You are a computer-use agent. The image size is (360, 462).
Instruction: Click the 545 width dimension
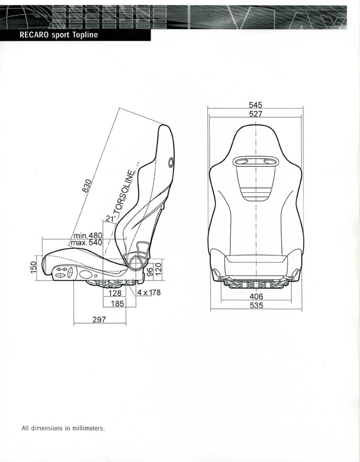pyautogui.click(x=255, y=105)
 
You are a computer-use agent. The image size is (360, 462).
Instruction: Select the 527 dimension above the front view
pyautogui.click(x=255, y=114)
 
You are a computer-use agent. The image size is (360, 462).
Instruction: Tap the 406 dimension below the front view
pyautogui.click(x=256, y=296)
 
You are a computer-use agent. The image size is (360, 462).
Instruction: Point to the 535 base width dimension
pyautogui.click(x=256, y=305)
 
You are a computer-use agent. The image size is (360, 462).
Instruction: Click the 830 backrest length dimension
pyautogui.click(x=87, y=186)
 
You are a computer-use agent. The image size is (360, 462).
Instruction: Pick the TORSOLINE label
pyautogui.click(x=124, y=192)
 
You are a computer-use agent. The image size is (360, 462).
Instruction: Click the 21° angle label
pyautogui.click(x=111, y=218)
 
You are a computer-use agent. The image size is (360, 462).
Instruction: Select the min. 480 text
pyautogui.click(x=88, y=235)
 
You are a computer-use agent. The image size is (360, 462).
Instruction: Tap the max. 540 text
pyautogui.click(x=86, y=243)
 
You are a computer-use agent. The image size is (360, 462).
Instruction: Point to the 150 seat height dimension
pyautogui.click(x=34, y=267)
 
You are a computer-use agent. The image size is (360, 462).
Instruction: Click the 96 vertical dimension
pyautogui.click(x=150, y=272)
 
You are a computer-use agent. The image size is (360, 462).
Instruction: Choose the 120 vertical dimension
pyautogui.click(x=158, y=269)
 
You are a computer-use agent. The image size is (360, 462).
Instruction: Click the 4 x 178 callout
pyautogui.click(x=149, y=292)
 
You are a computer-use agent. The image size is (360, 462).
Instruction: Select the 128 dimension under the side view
pyautogui.click(x=115, y=293)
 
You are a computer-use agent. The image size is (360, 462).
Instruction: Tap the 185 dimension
pyautogui.click(x=117, y=303)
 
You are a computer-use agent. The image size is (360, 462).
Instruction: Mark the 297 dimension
pyautogui.click(x=99, y=319)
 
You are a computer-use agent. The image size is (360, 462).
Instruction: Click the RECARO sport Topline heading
pyautogui.click(x=59, y=35)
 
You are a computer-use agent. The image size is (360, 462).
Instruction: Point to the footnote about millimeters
pyautogui.click(x=63, y=428)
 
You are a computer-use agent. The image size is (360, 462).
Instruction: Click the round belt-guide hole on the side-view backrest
pyautogui.click(x=171, y=162)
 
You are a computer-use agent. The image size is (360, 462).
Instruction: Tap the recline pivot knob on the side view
pyautogui.click(x=136, y=262)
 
